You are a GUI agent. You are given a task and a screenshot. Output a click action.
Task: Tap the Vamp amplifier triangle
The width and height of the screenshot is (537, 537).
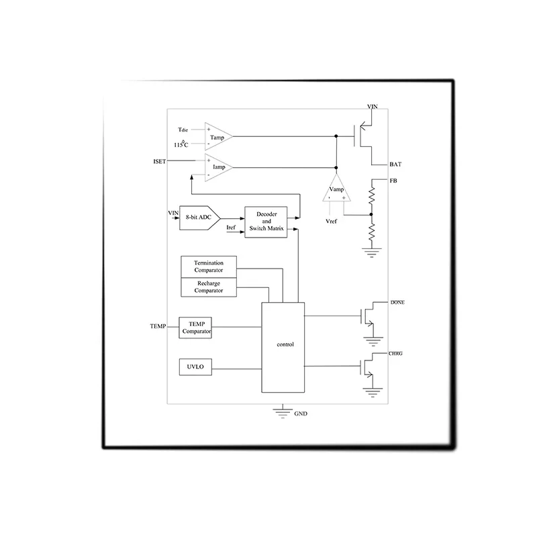click(336, 189)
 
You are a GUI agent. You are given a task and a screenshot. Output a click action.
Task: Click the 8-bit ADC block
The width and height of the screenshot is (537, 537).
click(199, 217)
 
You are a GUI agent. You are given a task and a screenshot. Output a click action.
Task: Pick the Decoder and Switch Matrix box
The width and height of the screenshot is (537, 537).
click(266, 222)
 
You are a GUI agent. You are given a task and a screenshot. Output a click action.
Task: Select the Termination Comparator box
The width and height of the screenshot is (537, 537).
click(209, 266)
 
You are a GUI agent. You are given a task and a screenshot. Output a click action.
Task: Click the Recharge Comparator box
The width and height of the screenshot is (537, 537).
click(209, 287)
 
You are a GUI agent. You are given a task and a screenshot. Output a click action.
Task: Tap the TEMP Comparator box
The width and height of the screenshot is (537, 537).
click(195, 328)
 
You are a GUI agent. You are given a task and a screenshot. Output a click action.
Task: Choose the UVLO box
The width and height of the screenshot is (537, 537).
click(195, 367)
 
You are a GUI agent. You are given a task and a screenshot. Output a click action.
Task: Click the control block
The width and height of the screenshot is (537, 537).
click(283, 347)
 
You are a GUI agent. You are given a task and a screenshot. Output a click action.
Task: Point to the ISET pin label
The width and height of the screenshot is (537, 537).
click(160, 161)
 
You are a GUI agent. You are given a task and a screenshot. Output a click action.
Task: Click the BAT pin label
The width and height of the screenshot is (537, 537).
click(395, 164)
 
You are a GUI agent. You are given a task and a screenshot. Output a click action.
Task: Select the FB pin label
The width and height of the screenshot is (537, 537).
click(393, 181)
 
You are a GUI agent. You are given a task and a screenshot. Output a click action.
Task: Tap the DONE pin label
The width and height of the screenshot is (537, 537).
click(397, 303)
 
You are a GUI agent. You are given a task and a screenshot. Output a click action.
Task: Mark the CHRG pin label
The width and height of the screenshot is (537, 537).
click(395, 354)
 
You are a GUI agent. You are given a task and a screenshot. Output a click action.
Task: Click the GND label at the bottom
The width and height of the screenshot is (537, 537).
click(301, 413)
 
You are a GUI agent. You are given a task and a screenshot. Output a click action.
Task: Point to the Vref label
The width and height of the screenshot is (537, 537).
click(331, 222)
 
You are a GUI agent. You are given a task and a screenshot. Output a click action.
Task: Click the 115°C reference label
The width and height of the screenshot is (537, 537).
click(181, 144)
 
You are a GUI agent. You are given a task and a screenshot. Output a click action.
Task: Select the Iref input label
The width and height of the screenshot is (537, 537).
click(231, 228)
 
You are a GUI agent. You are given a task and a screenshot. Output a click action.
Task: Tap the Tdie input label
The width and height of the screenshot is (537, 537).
click(183, 130)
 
